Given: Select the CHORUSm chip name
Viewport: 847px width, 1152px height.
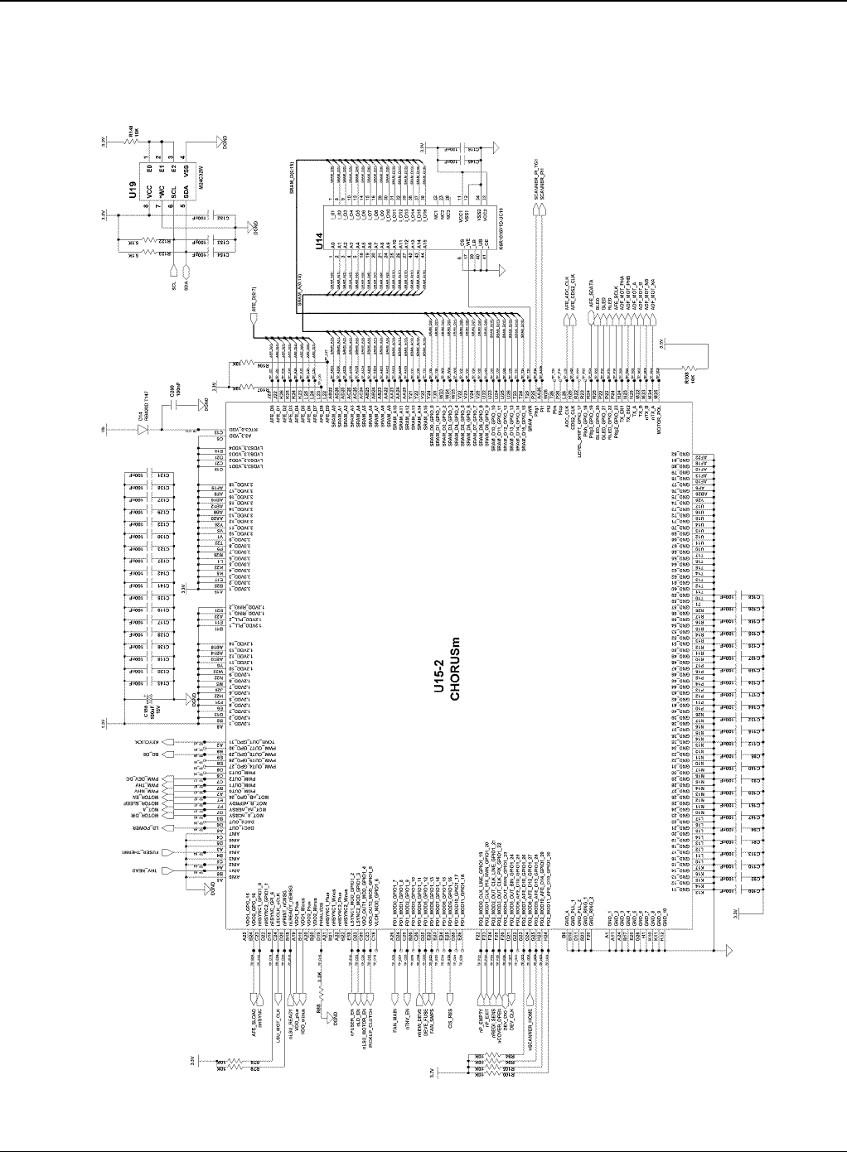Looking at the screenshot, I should click(454, 672).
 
